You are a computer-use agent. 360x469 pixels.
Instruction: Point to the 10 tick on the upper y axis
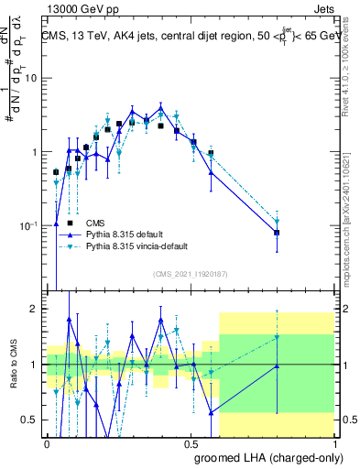[33, 78]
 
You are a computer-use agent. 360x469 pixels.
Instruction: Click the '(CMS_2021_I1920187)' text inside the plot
[190, 274]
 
